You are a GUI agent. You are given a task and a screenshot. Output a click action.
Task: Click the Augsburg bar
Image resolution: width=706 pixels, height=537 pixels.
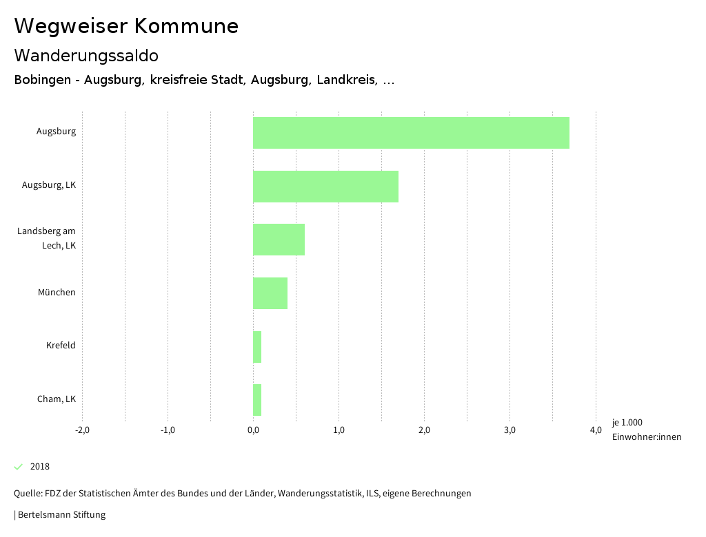coord(411,133)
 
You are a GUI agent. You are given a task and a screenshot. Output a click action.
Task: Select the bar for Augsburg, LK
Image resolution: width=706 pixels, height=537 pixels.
coord(325,187)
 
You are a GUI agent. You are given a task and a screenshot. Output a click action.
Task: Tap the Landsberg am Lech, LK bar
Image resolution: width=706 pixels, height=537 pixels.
coord(279,240)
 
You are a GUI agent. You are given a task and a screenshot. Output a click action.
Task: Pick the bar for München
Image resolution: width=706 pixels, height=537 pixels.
coord(270,293)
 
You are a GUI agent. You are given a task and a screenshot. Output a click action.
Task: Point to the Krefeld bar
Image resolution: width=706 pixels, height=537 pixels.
coord(257,347)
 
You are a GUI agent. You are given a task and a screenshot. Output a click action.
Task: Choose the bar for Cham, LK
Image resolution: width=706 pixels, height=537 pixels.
coord(257,400)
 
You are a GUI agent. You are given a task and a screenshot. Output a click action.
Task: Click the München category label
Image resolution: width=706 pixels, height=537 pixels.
coord(57,293)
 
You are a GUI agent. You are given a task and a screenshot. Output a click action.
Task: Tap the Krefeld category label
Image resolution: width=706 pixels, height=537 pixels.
coord(61,346)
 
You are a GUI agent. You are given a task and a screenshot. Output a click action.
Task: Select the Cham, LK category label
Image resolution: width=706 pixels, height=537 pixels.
coord(57,399)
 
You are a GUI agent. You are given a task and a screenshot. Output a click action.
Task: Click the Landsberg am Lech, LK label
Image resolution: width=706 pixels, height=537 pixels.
coord(47,238)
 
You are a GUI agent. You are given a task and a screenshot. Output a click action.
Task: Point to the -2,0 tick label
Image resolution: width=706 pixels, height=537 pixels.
coord(82,431)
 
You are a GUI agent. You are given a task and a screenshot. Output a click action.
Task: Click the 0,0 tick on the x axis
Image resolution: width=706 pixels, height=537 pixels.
coord(253,431)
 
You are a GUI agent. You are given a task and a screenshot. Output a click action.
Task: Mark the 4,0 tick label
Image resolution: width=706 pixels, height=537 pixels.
coord(596,431)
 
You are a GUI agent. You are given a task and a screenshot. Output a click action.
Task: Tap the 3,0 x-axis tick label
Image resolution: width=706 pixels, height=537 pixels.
coord(510,431)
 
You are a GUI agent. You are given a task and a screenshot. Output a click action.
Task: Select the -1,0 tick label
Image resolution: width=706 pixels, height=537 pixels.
coord(168,431)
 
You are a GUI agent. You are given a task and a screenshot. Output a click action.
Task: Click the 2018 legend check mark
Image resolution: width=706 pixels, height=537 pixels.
coord(19,467)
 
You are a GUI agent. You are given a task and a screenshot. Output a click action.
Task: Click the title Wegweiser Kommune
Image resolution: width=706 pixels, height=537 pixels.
coord(126,26)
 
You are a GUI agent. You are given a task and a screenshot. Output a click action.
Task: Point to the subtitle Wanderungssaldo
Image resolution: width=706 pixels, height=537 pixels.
coord(86,56)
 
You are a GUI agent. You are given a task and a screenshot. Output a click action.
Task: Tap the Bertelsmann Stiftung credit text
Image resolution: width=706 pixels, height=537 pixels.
coord(61,515)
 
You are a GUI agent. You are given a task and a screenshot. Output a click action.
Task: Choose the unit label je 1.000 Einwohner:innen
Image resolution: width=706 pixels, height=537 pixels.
coord(646,430)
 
